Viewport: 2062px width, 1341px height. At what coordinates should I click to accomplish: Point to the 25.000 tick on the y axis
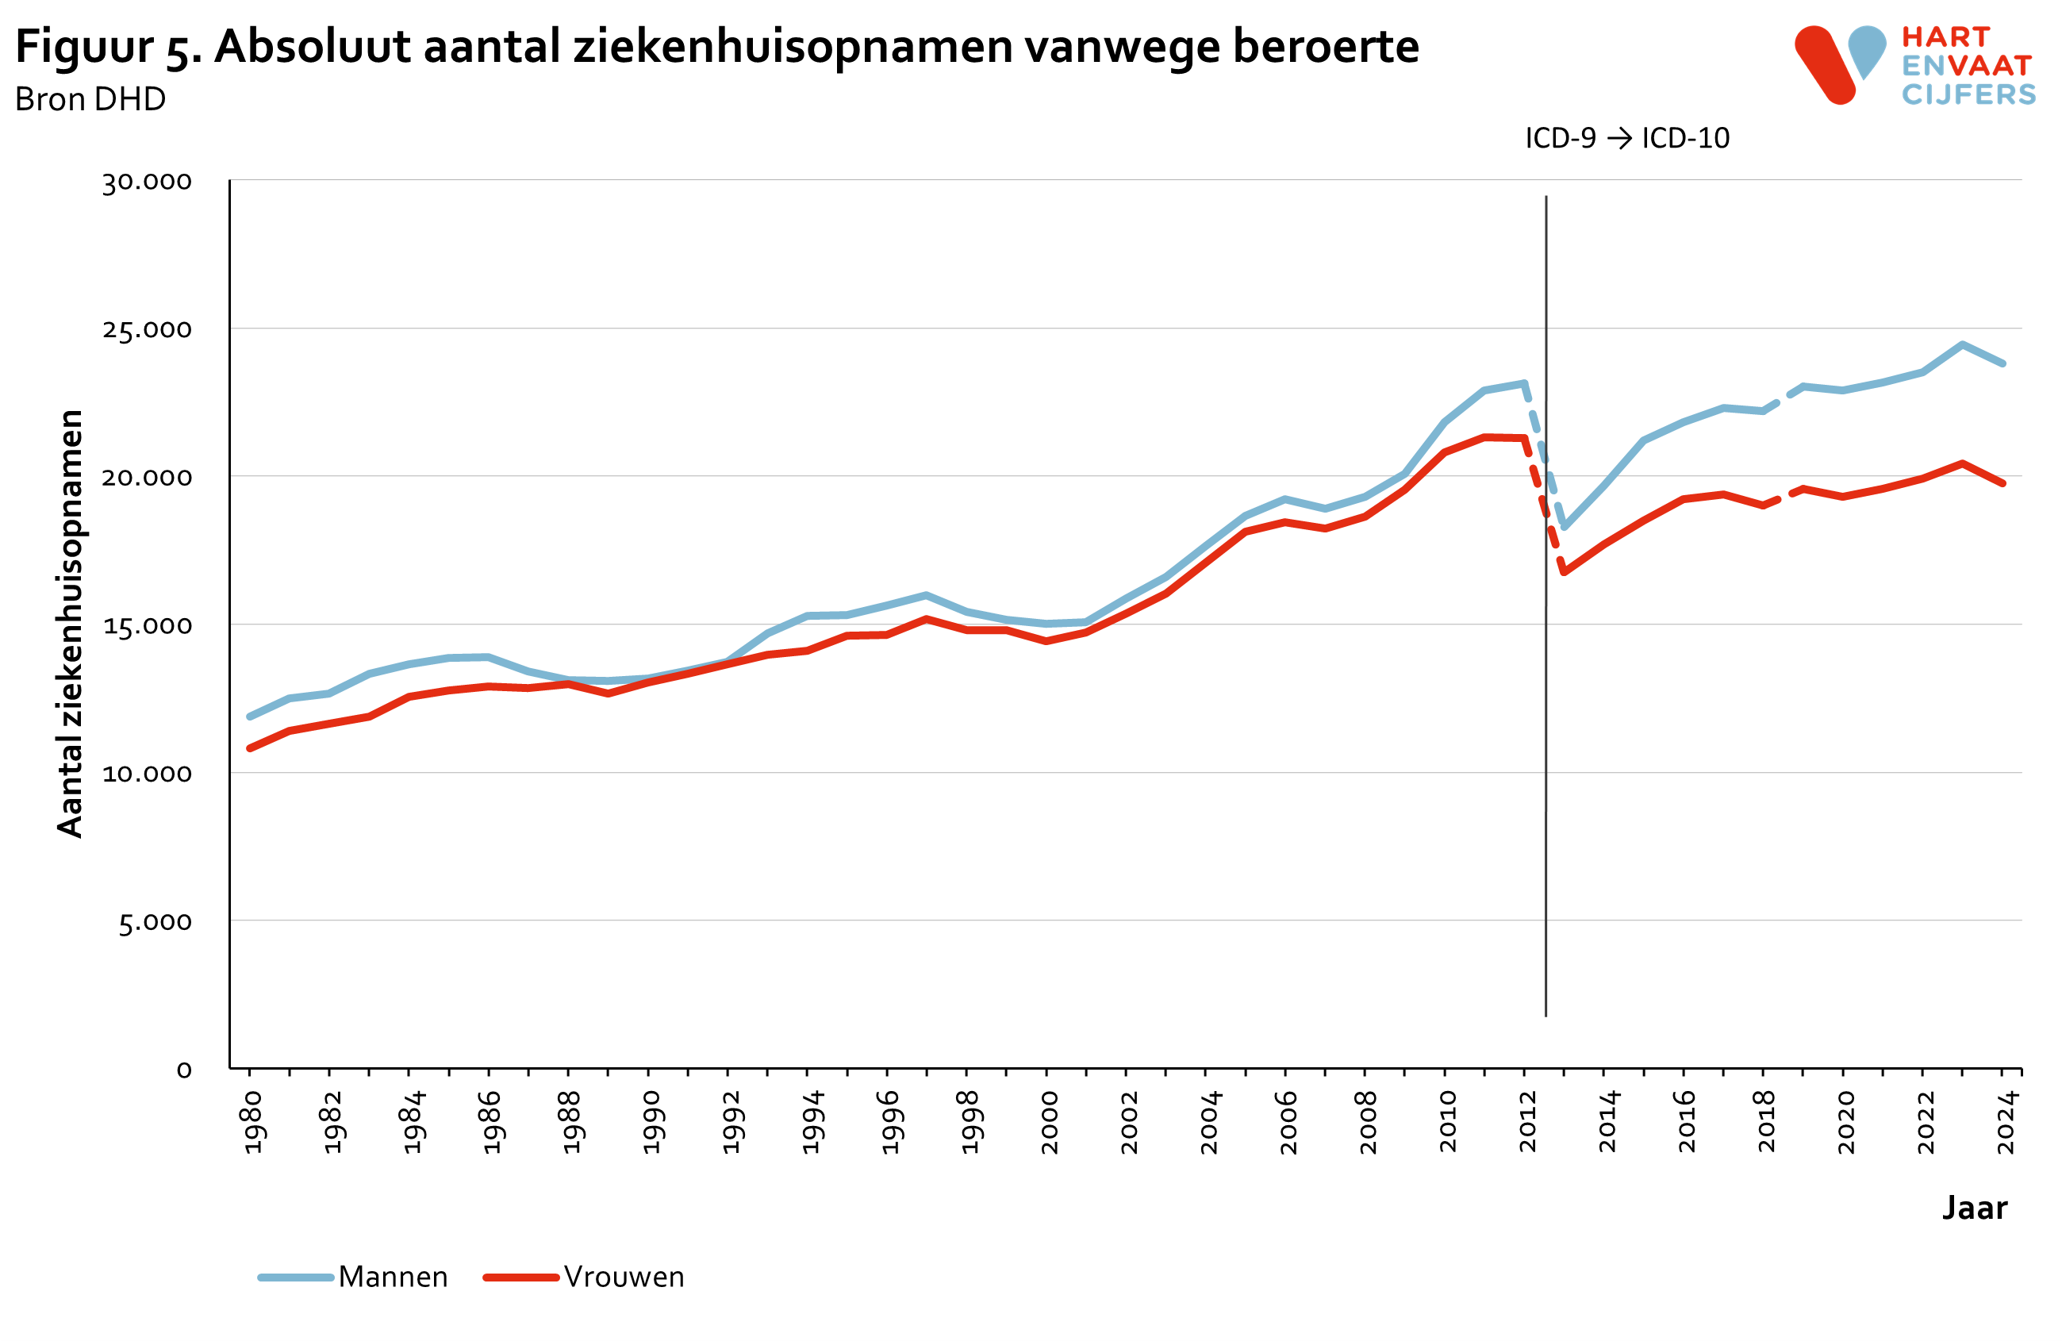(x=147, y=329)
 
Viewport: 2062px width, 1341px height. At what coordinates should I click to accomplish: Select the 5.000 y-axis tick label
(x=154, y=922)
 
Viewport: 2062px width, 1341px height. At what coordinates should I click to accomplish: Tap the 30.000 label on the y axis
(x=147, y=182)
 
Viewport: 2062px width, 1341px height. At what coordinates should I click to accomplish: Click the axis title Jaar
(x=1974, y=1208)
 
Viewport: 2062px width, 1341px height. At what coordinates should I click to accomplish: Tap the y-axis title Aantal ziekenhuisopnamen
(x=69, y=624)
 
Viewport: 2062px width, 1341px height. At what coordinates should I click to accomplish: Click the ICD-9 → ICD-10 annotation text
(x=1626, y=139)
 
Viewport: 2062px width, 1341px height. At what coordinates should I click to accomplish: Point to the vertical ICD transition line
(x=1546, y=780)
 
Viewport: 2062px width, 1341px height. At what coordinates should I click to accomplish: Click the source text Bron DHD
(x=90, y=100)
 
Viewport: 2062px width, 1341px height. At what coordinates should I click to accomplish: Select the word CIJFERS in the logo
(x=1968, y=94)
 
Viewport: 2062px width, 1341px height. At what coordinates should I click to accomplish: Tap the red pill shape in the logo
(x=1825, y=66)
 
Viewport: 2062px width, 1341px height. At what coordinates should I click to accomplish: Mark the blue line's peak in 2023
(x=1962, y=345)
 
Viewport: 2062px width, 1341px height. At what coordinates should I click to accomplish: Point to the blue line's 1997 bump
(x=925, y=595)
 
